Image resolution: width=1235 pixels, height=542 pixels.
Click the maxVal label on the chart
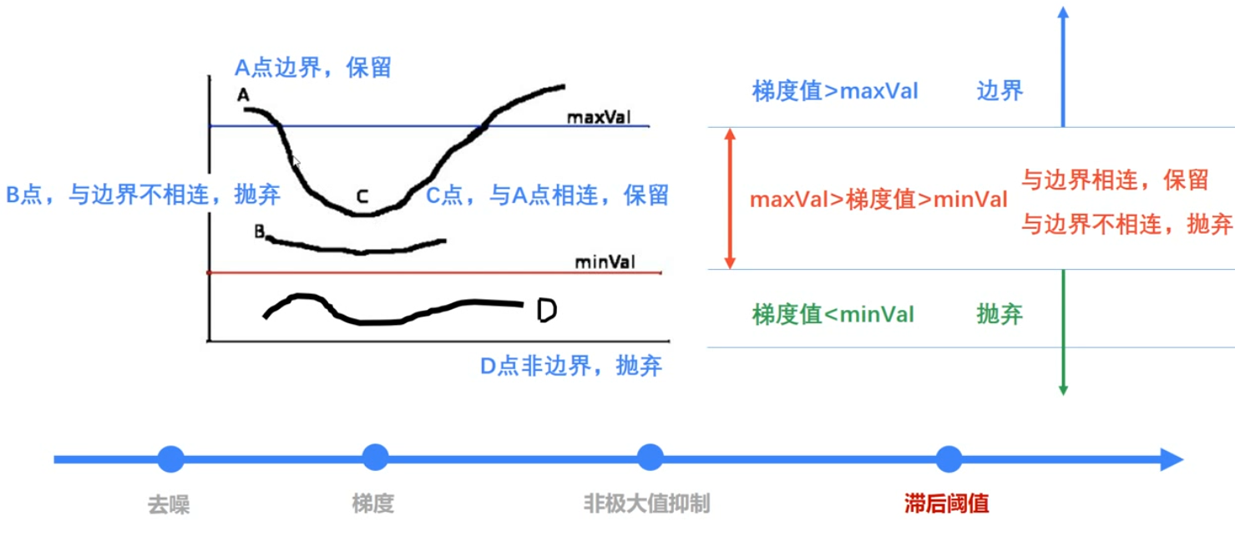pos(598,117)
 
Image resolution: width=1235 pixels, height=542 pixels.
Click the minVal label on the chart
pos(605,262)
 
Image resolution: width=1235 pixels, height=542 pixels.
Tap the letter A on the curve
pos(243,96)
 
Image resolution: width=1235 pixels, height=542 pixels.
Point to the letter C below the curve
pos(362,196)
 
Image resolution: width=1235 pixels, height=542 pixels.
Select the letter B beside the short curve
pos(260,231)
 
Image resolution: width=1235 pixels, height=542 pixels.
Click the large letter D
pos(546,311)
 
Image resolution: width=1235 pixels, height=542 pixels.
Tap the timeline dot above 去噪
pos(170,458)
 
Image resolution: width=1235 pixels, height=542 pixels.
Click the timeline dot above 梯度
pos(375,458)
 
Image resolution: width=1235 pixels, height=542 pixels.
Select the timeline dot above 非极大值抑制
pos(649,458)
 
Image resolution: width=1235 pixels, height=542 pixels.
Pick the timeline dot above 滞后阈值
pos(949,458)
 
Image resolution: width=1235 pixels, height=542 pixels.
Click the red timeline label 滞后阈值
pos(947,504)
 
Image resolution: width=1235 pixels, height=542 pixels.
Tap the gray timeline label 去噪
pos(169,504)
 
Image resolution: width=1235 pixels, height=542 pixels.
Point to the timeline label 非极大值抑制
pos(647,504)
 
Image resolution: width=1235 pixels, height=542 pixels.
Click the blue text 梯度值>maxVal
pos(835,91)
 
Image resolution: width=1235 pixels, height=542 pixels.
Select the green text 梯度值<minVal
pos(833,315)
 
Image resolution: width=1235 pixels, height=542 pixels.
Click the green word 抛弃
pos(1000,315)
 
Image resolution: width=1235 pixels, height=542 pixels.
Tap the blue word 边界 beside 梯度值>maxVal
pos(1000,91)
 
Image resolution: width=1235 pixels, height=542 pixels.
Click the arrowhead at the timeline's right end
pos(1172,458)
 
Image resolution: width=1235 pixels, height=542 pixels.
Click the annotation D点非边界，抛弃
pos(571,366)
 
